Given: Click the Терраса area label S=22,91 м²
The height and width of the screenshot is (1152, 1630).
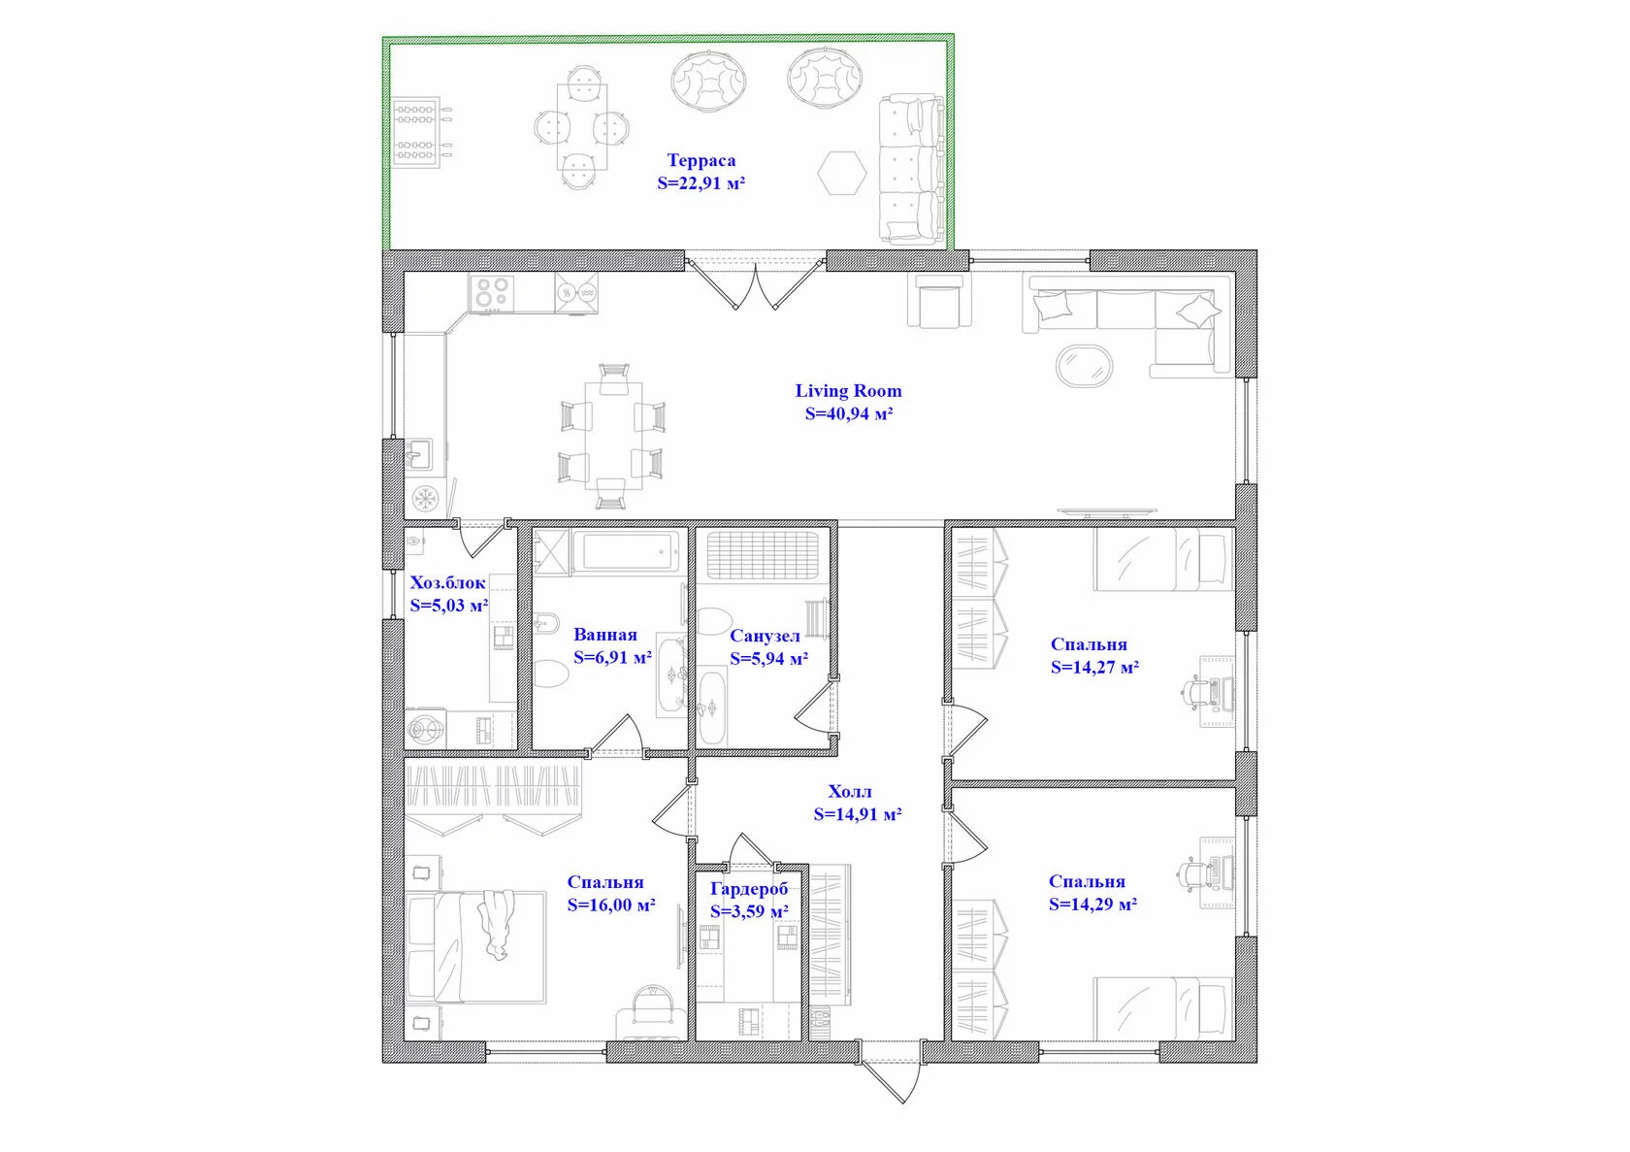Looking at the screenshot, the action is click(x=701, y=183).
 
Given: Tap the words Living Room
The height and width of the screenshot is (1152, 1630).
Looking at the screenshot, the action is click(x=848, y=391).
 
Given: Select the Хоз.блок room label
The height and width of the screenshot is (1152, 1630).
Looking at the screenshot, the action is click(x=447, y=583).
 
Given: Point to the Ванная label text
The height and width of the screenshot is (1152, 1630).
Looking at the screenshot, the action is click(x=604, y=635).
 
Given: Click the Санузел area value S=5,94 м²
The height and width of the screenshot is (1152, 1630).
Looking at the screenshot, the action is click(x=768, y=659).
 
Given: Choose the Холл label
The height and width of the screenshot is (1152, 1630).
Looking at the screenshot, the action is click(x=849, y=792).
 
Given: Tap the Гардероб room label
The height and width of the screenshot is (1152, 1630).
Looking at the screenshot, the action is click(x=749, y=889).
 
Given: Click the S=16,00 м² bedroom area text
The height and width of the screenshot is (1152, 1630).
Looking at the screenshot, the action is click(x=611, y=905).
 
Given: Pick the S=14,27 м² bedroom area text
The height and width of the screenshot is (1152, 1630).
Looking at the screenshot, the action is click(x=1094, y=668).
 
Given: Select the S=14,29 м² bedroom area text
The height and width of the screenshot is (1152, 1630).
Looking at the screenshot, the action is click(x=1092, y=905).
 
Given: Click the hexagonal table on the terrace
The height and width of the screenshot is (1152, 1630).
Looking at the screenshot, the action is click(x=842, y=173).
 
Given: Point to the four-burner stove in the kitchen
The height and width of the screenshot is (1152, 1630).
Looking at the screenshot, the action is click(x=491, y=293).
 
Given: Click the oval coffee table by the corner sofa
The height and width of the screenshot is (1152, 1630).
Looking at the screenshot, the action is click(x=1085, y=365).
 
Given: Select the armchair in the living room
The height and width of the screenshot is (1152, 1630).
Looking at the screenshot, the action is click(x=939, y=301).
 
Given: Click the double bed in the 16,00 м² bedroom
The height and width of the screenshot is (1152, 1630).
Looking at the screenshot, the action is click(x=475, y=947).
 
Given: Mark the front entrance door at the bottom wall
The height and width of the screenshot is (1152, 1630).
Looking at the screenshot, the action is click(x=892, y=1071).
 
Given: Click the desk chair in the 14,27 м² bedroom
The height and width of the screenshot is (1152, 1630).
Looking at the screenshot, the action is click(x=1196, y=691).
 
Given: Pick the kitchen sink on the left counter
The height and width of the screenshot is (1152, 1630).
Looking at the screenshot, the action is click(x=418, y=454).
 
